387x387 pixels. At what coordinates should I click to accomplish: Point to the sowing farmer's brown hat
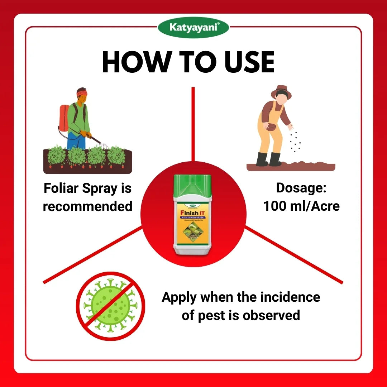281,91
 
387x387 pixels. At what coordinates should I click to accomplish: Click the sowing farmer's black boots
269,159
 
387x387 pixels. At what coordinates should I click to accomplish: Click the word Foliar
61,188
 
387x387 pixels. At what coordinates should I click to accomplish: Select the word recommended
87,206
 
